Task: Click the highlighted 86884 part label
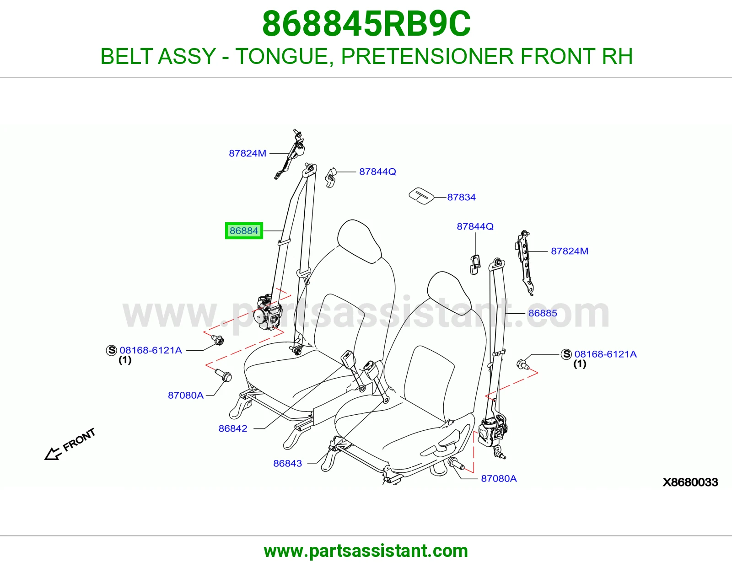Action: pos(244,230)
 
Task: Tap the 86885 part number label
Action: pos(543,313)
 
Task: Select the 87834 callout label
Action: pos(461,197)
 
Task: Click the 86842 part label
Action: pos(233,428)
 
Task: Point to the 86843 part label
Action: pos(287,463)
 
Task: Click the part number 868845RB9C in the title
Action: pos(366,24)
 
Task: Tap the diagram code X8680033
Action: pos(690,482)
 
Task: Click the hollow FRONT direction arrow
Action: pos(53,454)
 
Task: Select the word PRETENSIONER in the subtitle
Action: pos(428,56)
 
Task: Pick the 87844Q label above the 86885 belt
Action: pos(475,226)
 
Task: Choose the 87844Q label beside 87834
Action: pos(377,172)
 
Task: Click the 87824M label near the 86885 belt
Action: pos(569,251)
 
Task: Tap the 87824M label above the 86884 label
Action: pos(248,154)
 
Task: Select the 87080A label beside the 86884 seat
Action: pos(186,395)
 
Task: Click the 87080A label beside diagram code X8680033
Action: pos(499,478)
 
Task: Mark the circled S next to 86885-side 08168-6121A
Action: pos(566,354)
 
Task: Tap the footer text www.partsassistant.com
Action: pos(366,551)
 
